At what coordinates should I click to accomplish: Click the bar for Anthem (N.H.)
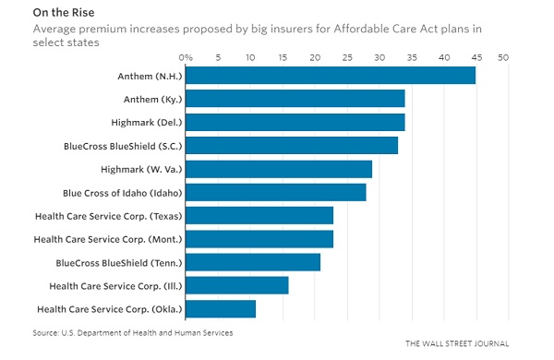click(331, 75)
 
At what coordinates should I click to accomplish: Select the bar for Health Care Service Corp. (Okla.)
click(221, 308)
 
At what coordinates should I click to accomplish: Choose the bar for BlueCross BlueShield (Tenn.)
click(253, 262)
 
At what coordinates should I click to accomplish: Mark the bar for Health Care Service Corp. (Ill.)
click(237, 285)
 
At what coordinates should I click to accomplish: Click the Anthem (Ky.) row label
click(152, 99)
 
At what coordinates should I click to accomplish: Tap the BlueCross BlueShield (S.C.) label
click(122, 145)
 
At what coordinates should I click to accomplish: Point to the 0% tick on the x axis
click(186, 57)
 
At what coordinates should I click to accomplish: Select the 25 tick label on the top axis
click(344, 57)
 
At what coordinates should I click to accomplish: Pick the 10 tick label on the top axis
click(249, 57)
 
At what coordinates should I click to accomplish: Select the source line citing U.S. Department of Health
click(132, 331)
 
